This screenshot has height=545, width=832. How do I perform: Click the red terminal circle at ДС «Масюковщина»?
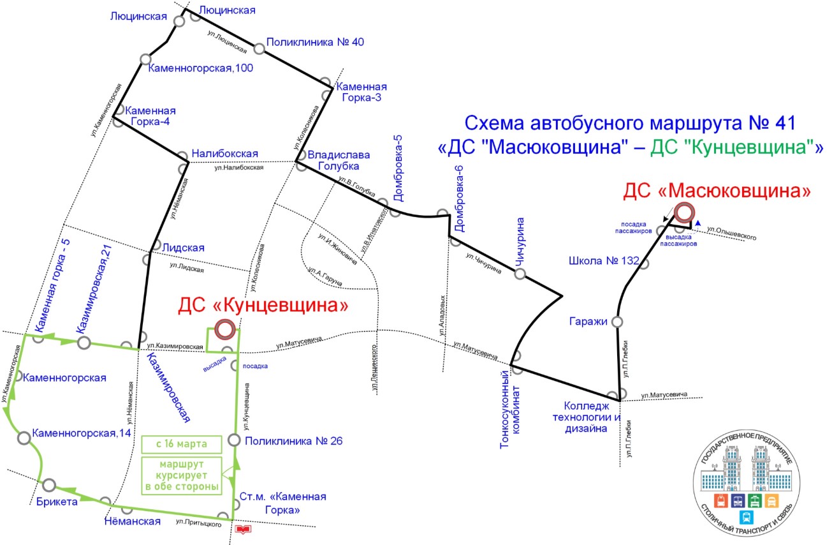pos(684,212)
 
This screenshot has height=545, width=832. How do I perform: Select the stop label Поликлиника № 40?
pos(315,42)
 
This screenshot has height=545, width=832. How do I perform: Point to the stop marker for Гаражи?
pos(617,322)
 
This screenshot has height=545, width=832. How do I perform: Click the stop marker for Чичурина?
pos(520,274)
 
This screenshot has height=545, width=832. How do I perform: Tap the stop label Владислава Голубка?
pos(333,160)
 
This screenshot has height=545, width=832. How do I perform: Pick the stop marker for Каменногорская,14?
pos(24,438)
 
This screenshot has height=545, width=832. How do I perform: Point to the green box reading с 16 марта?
pos(182,444)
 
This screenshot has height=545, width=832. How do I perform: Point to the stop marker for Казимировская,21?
pos(84,343)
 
